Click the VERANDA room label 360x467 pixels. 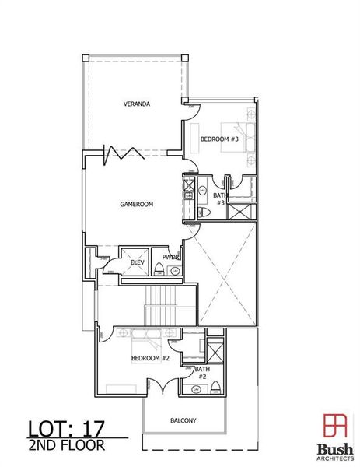pyautogui.click(x=136, y=104)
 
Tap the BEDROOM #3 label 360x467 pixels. pyautogui.click(x=218, y=139)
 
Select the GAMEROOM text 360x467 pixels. pyautogui.click(x=136, y=204)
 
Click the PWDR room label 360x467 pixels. pyautogui.click(x=171, y=258)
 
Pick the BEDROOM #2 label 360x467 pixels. pyautogui.click(x=150, y=358)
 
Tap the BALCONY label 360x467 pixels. pyautogui.click(x=183, y=420)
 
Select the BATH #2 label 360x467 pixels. pyautogui.click(x=201, y=373)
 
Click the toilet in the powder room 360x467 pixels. pyautogui.click(x=159, y=269)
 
